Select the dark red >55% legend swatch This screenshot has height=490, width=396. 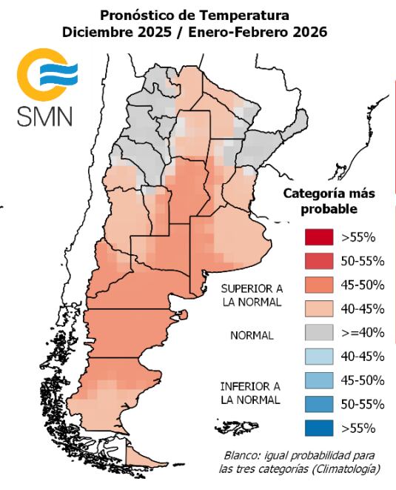(x=319, y=237)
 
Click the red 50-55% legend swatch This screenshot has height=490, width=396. (x=319, y=261)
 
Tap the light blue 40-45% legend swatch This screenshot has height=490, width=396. (x=319, y=357)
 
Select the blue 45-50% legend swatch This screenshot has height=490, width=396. (x=319, y=380)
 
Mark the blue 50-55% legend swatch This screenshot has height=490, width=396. (x=319, y=404)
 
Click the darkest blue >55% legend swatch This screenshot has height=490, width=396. (x=319, y=428)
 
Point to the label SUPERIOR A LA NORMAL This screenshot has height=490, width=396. (x=251, y=295)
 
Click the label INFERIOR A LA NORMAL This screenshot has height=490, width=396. (x=250, y=393)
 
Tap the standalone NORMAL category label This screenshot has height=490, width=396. (x=252, y=335)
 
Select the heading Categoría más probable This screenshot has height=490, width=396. (x=329, y=201)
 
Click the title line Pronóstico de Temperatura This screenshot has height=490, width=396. (x=195, y=16)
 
